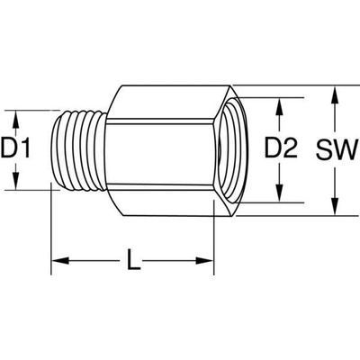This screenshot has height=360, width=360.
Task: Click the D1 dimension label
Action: (15, 148)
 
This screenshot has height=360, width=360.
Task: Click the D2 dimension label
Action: (281, 148)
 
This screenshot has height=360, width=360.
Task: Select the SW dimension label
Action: (337, 148)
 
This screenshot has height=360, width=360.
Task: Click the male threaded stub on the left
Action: (78, 150)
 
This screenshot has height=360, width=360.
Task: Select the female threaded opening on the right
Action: (232, 150)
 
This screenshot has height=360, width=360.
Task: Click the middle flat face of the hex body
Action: (160, 152)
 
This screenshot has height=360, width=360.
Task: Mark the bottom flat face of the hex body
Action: (168, 201)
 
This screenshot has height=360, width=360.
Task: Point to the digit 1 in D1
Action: (26, 148)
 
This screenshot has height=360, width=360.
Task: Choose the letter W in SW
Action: (347, 148)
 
